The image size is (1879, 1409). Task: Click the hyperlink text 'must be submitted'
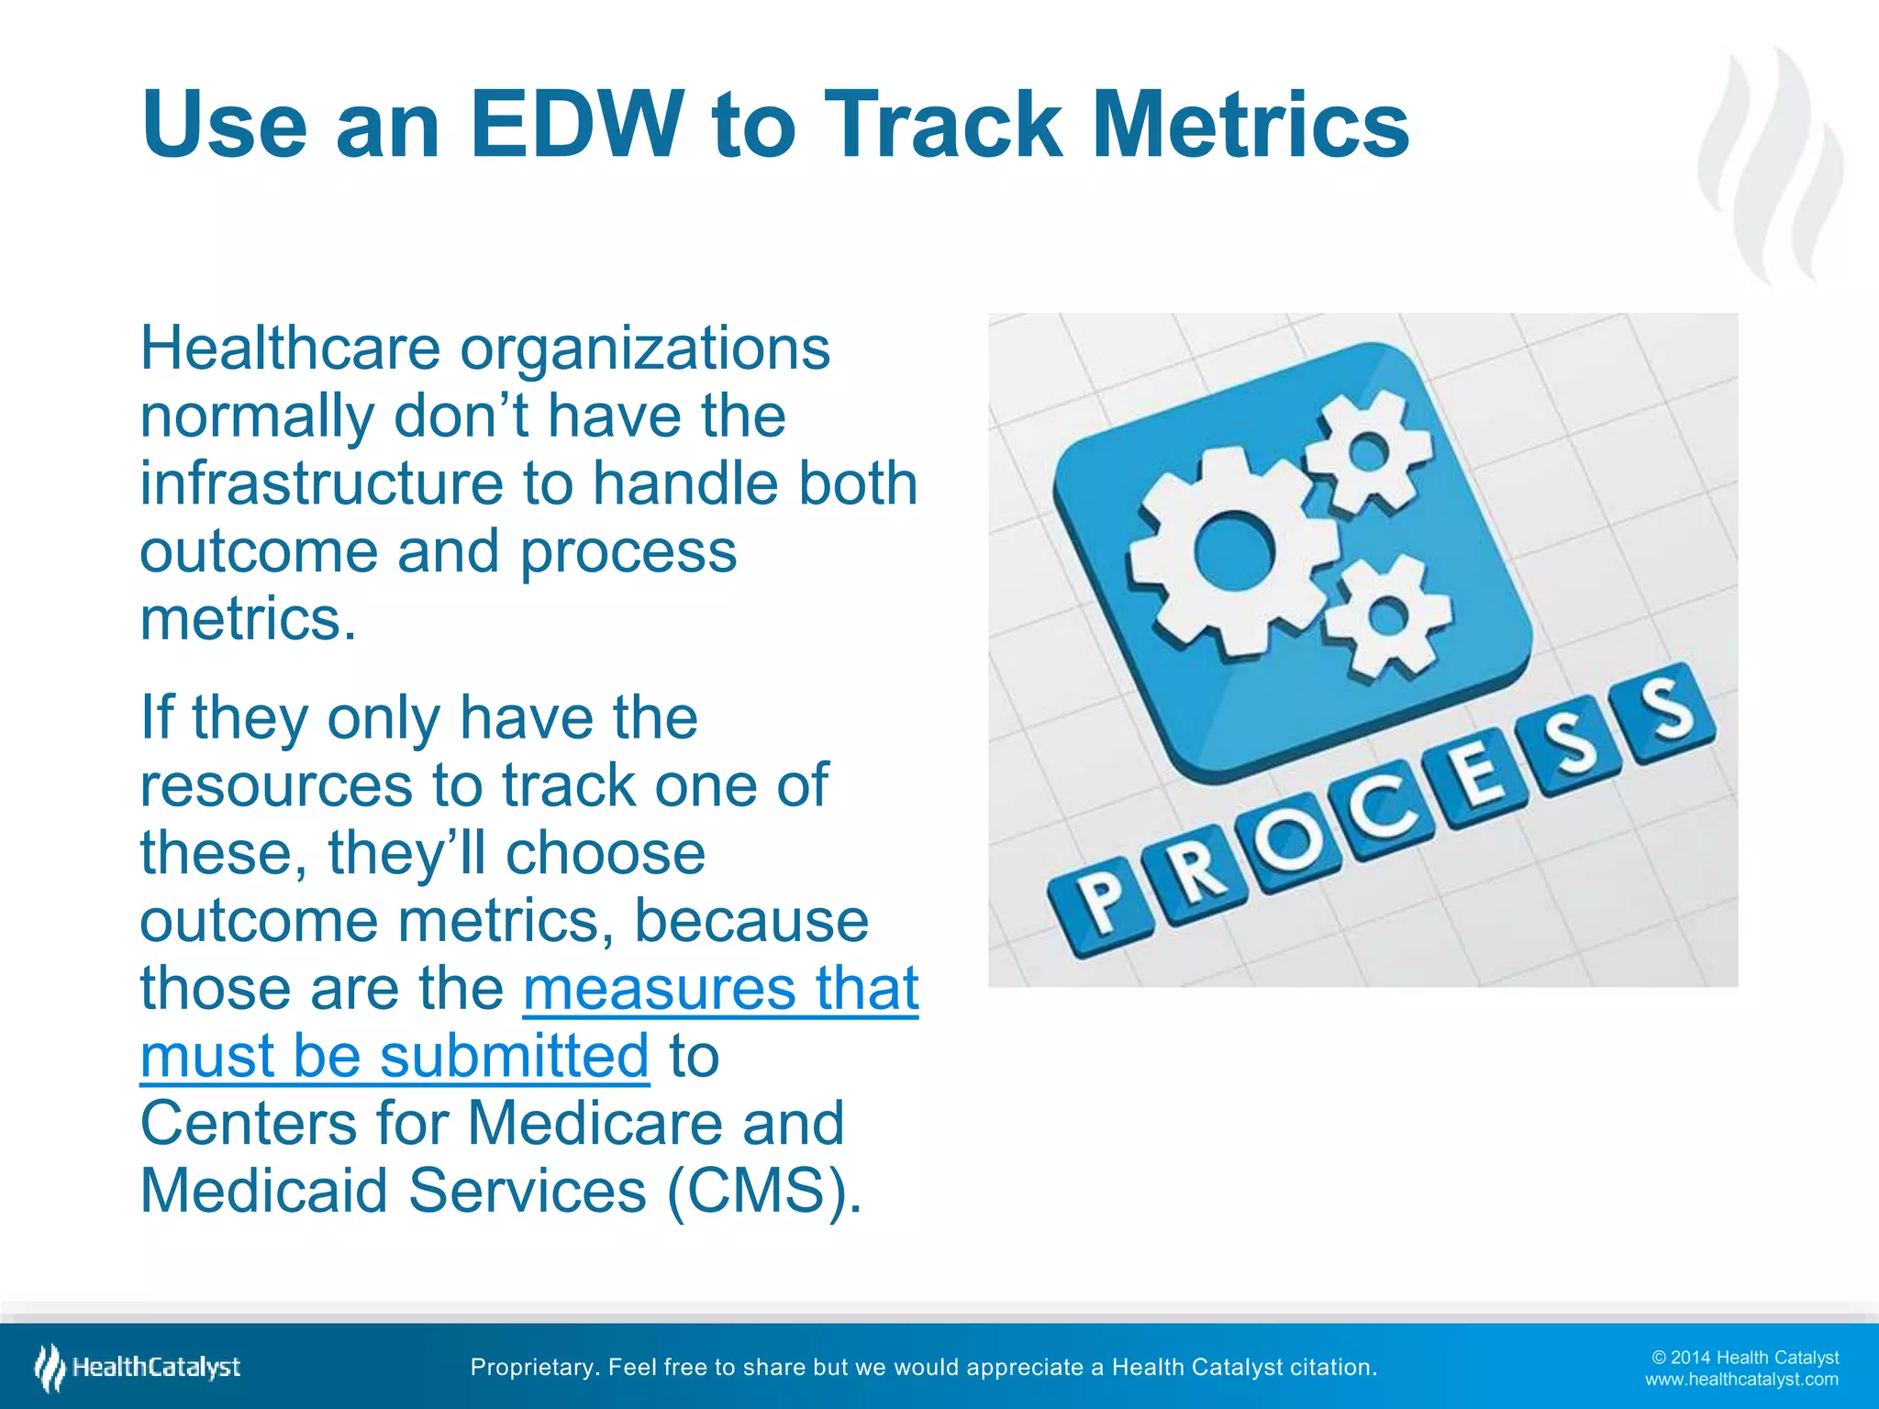click(395, 1056)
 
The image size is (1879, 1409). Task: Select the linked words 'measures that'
click(720, 988)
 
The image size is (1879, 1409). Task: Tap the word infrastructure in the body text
click(321, 483)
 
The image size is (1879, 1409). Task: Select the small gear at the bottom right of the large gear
click(1387, 616)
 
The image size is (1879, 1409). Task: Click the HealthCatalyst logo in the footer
click(138, 1368)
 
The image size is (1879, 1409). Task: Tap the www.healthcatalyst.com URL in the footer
click(1740, 1380)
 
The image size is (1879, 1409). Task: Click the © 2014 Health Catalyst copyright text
click(1745, 1358)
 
